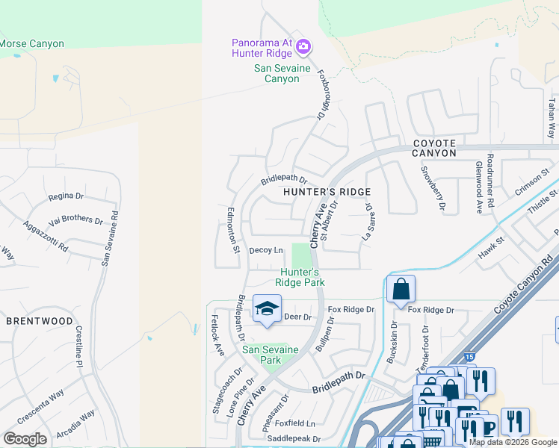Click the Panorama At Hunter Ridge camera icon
303,47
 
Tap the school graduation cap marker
267,308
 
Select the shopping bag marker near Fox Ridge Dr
401,288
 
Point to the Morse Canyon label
31,44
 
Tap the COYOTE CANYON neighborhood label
433,146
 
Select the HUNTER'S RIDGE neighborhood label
327,192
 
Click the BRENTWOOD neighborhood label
40,321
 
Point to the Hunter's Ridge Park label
300,277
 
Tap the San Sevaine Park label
270,355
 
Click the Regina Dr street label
65,196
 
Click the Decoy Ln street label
266,250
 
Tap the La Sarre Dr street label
366,223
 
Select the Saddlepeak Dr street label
294,439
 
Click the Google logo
25,439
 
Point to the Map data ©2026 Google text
513,442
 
